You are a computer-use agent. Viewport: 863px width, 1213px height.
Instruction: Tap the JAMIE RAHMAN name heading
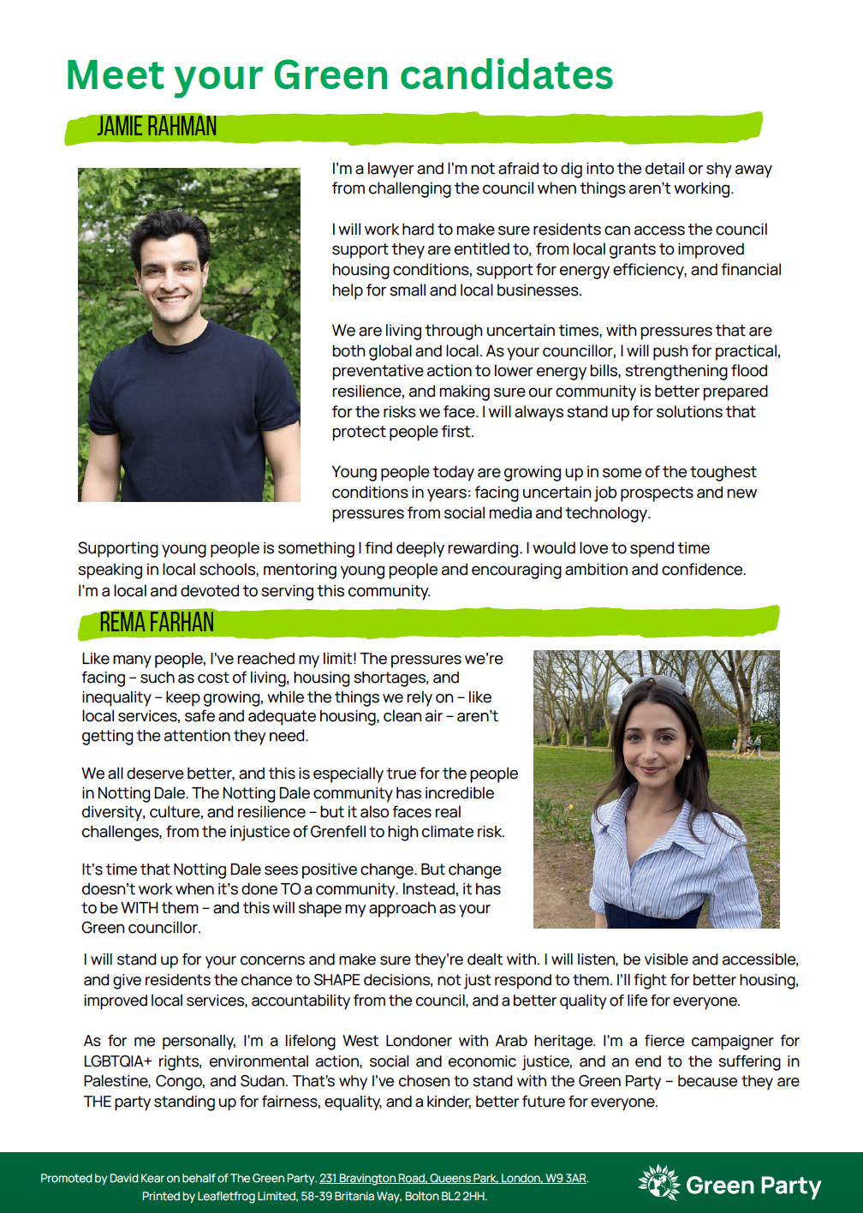(x=157, y=127)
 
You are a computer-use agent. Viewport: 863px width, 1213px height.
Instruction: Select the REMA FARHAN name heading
(x=157, y=623)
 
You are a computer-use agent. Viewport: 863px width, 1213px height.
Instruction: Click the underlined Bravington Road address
(x=453, y=1178)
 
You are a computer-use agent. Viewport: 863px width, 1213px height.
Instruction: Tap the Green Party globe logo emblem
(x=658, y=1183)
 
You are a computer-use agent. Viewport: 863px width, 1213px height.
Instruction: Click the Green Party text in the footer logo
(x=753, y=1186)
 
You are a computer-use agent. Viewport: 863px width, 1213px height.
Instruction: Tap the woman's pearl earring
(x=687, y=757)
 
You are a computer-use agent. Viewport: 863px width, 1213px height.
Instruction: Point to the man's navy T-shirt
(x=188, y=403)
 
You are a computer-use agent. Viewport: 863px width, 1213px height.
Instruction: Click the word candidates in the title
(x=506, y=75)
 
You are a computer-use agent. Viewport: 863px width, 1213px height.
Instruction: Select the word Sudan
(x=264, y=1081)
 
